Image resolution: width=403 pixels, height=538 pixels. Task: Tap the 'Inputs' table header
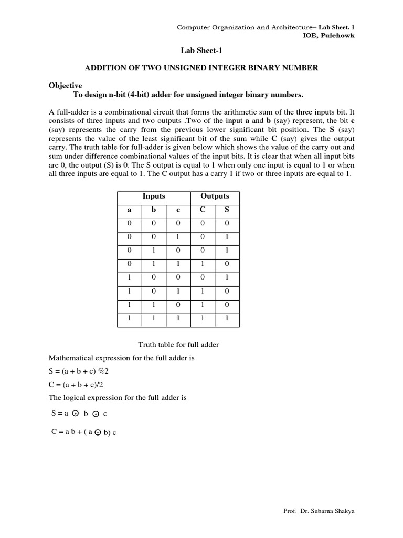[154, 196]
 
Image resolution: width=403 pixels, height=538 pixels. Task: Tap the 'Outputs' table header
[215, 196]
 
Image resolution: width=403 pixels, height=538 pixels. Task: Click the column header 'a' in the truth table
[129, 210]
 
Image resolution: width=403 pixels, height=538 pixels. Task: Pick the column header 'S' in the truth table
[227, 210]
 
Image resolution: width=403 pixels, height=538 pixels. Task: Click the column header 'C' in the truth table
[202, 210]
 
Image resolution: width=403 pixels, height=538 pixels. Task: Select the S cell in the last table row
[227, 319]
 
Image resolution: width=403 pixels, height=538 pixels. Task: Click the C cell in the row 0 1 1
[202, 264]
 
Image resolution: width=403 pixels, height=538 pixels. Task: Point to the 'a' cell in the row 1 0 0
[129, 278]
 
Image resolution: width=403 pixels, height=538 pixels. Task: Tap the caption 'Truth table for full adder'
[178, 345]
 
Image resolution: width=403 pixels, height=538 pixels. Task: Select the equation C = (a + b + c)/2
[77, 385]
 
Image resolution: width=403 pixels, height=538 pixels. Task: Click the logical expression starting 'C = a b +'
[83, 432]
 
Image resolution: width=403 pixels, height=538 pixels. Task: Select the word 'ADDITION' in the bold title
[107, 68]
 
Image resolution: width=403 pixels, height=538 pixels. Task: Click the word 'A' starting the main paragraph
[51, 112]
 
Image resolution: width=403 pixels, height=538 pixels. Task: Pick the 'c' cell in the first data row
[178, 223]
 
